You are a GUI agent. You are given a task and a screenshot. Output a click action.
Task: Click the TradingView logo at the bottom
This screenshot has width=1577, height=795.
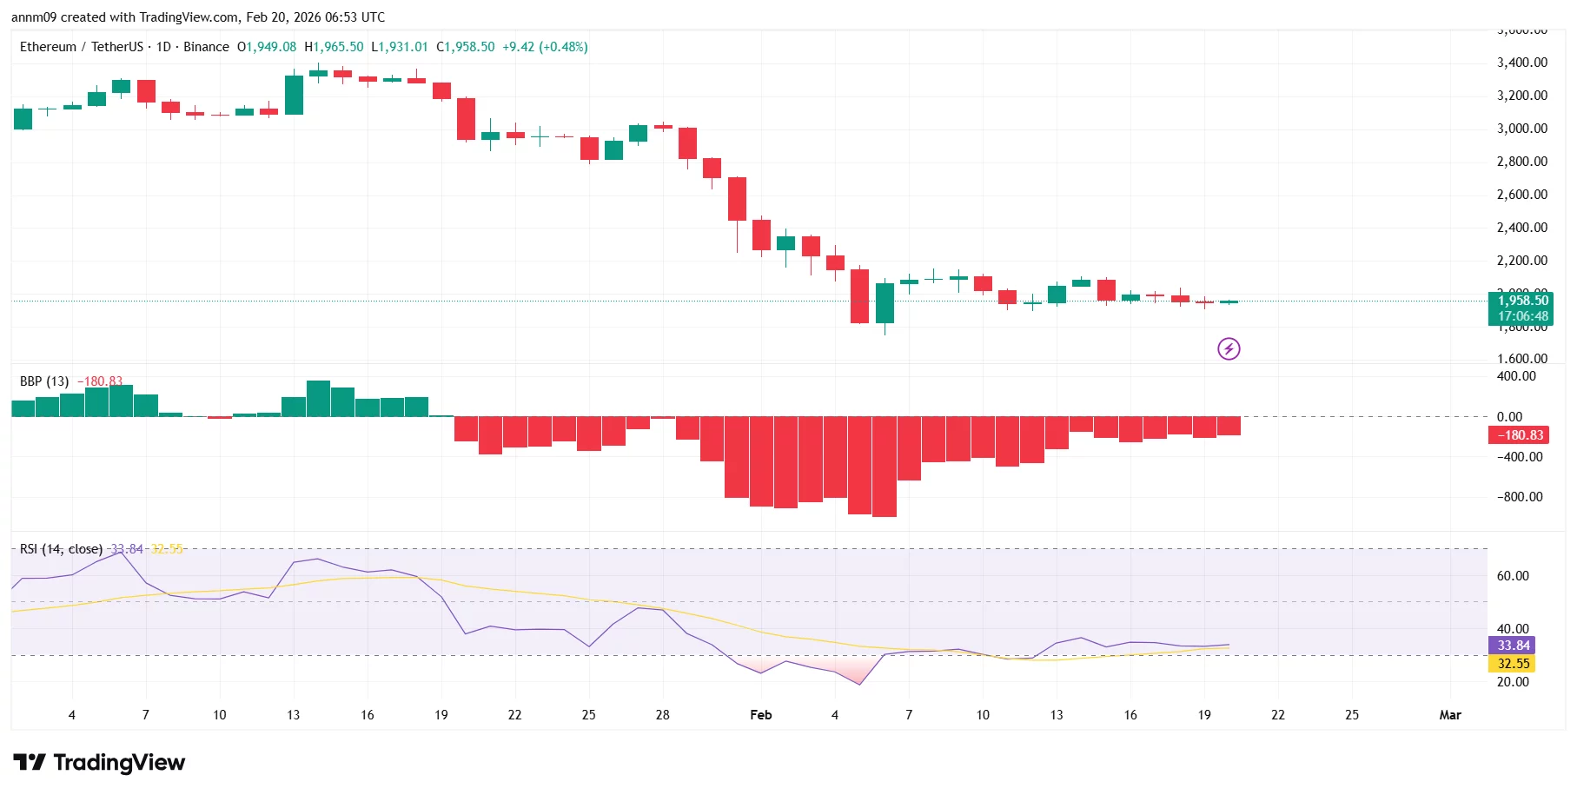point(99,763)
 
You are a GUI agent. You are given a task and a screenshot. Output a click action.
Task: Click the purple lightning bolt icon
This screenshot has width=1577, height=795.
point(1228,349)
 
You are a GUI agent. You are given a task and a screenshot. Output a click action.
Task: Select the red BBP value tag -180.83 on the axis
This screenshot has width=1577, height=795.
point(1520,435)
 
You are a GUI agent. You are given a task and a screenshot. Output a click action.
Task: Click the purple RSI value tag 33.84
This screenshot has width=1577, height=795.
point(1513,646)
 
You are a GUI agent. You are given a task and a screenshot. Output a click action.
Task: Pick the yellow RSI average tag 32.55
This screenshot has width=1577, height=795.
point(1513,664)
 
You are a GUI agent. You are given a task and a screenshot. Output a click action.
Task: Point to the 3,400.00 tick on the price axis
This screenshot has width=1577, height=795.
point(1521,63)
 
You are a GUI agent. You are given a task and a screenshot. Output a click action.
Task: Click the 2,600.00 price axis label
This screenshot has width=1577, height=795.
point(1521,195)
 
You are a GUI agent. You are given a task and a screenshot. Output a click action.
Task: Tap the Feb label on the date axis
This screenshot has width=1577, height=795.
point(760,715)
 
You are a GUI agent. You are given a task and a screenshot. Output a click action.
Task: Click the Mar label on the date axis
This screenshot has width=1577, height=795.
point(1449,715)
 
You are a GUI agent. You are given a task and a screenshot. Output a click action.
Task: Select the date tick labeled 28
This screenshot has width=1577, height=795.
point(662,715)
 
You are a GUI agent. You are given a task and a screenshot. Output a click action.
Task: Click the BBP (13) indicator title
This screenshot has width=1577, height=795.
point(44,381)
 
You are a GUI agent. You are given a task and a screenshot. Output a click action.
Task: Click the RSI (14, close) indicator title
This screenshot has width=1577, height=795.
point(61,549)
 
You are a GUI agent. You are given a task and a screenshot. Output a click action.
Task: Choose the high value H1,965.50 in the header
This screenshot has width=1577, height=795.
point(334,47)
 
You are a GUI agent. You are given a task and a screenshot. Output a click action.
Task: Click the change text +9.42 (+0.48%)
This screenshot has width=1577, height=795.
point(545,47)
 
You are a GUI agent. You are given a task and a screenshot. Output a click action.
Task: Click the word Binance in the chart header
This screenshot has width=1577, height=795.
point(206,47)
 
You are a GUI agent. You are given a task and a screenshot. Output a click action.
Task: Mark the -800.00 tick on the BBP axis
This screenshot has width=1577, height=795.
point(1520,497)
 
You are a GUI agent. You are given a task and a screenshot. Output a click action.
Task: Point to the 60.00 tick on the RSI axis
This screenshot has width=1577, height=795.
point(1513,576)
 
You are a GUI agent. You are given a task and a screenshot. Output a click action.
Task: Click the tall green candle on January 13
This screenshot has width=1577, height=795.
point(294,95)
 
